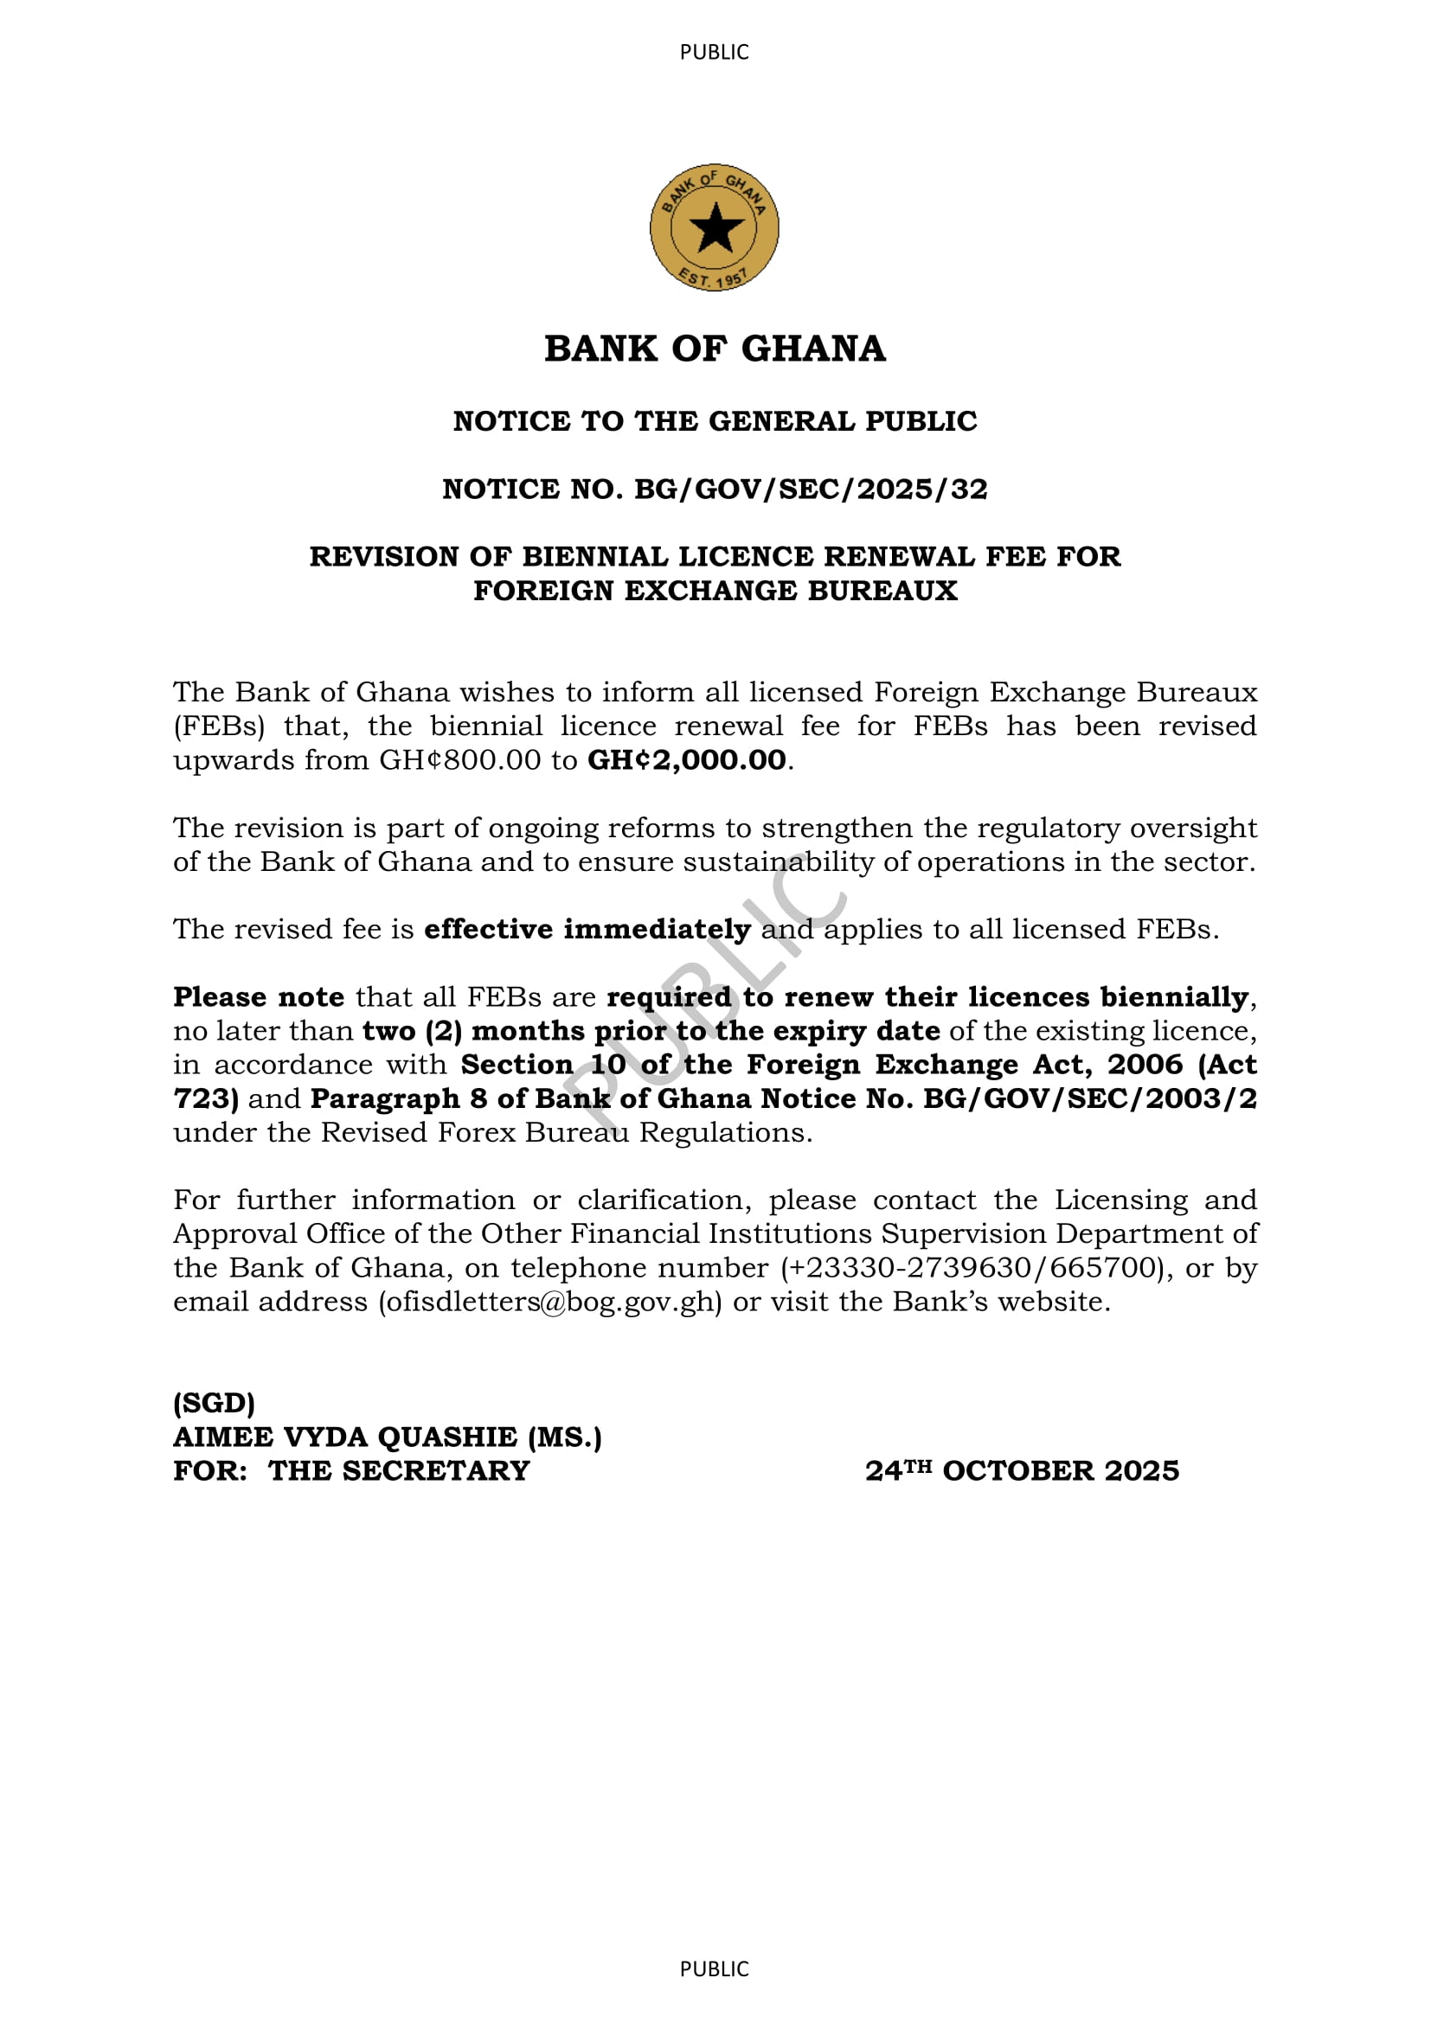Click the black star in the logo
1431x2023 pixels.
715,227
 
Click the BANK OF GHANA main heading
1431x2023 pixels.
715,349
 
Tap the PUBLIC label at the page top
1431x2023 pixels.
714,52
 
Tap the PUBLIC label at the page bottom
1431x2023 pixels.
714,1969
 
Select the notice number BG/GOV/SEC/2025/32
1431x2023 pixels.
811,489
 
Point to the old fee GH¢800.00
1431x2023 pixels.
459,760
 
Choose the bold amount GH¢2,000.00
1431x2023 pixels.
686,760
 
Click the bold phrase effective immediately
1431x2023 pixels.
587,930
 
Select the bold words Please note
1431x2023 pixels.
258,997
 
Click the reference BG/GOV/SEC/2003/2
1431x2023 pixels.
1089,1098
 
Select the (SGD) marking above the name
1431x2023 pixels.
214,1403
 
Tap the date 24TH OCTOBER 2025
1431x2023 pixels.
1021,1471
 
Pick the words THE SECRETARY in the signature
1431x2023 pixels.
399,1471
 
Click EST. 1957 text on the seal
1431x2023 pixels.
713,278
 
